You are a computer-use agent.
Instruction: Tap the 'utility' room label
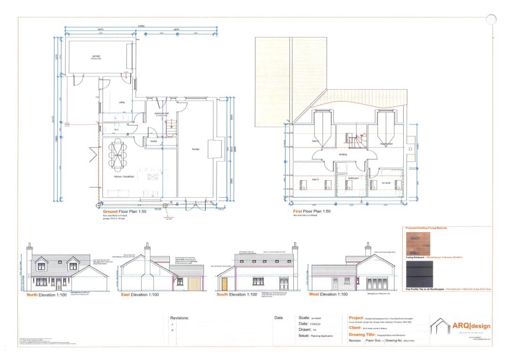coord(121,102)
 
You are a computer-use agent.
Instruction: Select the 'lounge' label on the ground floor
coord(195,149)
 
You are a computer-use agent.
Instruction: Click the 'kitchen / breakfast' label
coord(125,176)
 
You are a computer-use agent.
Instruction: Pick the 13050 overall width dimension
coord(141,26)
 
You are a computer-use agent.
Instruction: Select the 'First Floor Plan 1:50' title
coord(311,212)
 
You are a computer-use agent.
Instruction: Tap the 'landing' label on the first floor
coord(343,154)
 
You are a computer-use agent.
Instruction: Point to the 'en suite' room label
coord(386,182)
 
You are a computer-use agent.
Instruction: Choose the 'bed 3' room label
coord(315,179)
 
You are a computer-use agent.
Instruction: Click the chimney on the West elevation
coord(367,250)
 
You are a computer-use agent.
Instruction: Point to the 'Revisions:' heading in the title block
coord(179,318)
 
